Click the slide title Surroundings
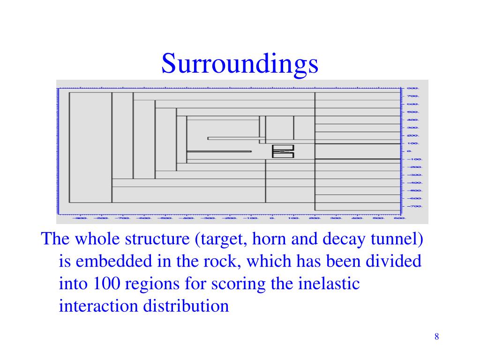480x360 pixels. click(240, 64)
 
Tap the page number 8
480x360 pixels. click(436, 337)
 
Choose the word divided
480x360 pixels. click(394, 262)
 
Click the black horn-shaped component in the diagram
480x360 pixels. click(283, 151)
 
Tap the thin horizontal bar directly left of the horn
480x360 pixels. click(219, 151)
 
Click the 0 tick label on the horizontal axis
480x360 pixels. click(271, 218)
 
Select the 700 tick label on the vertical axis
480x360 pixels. click(412, 96)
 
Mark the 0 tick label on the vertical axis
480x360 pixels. click(409, 151)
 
